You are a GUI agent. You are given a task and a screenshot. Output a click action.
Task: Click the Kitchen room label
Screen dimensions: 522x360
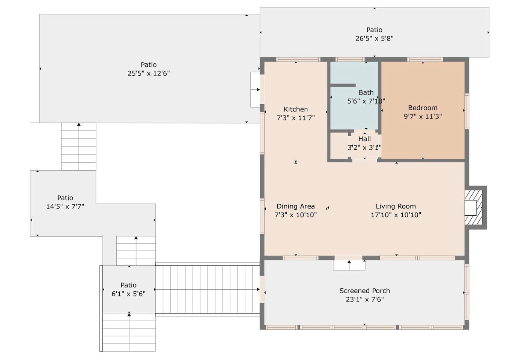295,109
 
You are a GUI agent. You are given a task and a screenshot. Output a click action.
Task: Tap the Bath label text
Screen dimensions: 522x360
366,93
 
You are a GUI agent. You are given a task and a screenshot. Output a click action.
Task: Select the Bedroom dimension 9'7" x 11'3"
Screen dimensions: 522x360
423,116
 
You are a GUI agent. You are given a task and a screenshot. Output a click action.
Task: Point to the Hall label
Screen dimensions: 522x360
364,139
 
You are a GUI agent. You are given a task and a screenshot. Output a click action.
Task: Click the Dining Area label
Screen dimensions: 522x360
295,206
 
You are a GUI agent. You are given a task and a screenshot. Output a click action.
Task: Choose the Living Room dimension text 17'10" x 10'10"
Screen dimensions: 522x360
396,215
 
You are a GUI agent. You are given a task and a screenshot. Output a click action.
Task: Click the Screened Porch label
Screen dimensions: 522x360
364,291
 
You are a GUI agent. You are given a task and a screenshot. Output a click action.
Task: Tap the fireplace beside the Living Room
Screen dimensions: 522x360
475,207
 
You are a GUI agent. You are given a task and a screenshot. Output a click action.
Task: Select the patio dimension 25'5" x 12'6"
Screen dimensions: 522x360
149,73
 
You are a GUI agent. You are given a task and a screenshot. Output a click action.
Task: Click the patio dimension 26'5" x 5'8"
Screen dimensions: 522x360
374,38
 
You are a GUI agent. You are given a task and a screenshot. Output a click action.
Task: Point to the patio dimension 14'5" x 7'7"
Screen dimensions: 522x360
65,207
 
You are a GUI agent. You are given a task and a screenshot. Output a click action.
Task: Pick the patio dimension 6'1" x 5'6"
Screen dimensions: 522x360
128,294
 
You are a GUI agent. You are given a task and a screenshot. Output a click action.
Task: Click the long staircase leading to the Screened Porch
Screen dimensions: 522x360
208,289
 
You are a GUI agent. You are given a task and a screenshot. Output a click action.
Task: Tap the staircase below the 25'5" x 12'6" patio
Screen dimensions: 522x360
79,147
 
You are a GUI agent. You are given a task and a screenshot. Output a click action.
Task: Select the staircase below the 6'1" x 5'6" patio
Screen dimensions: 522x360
129,332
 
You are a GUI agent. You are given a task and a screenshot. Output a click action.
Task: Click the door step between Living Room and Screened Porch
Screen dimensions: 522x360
349,265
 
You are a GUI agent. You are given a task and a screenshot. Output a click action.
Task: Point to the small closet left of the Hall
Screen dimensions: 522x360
339,146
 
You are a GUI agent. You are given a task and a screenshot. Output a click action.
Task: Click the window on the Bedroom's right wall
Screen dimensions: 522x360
467,111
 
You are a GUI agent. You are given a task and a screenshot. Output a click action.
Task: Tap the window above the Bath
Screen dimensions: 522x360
350,59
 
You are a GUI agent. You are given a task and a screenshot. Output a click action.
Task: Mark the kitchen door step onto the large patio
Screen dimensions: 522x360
256,90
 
